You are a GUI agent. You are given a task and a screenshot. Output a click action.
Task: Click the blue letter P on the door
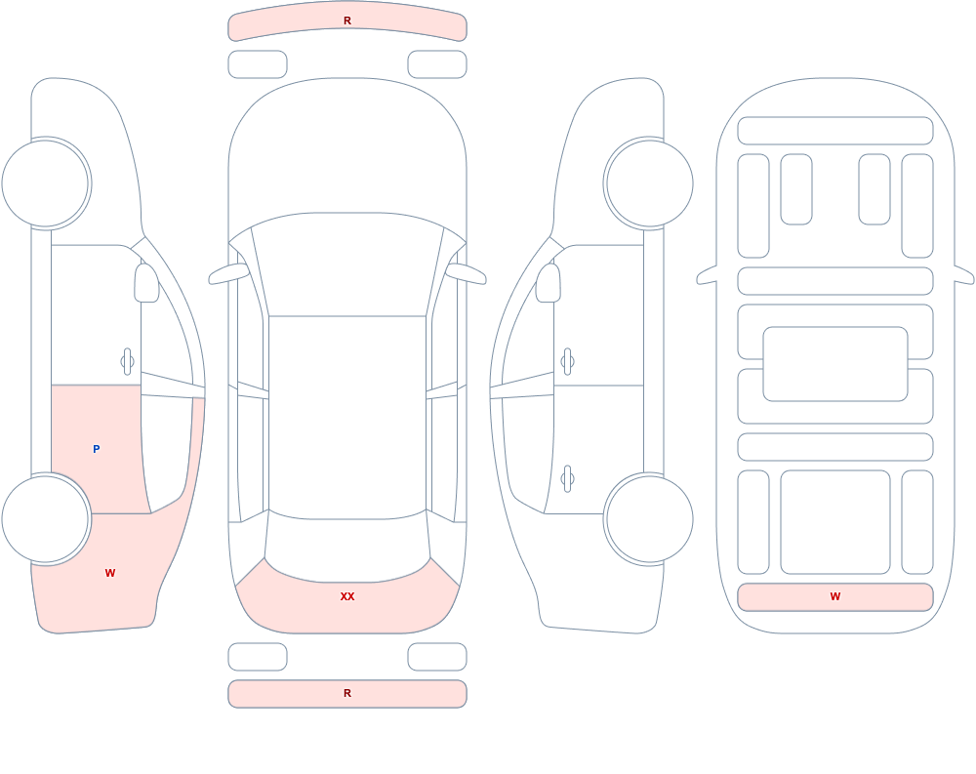pos(96,449)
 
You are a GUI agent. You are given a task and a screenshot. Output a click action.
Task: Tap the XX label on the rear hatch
pos(347,596)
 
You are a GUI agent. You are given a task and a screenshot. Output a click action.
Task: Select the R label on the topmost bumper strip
pos(347,20)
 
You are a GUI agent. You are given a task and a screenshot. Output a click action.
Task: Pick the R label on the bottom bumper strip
pos(347,693)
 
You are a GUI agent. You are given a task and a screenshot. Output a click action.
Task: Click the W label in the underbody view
pos(835,596)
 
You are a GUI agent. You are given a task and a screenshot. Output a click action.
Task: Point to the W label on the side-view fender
pos(110,573)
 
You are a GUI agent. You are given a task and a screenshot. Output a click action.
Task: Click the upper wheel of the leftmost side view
pos(46,183)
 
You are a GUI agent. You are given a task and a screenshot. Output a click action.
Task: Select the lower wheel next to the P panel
pos(46,518)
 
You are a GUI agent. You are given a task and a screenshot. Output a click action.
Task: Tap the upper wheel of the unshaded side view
pos(649,183)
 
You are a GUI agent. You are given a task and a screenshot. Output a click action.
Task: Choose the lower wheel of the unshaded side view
pos(649,518)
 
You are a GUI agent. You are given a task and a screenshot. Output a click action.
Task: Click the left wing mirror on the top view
pos(227,274)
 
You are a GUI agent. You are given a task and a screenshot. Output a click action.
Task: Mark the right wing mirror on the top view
pos(467,274)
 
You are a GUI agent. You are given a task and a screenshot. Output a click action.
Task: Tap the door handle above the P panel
pos(127,361)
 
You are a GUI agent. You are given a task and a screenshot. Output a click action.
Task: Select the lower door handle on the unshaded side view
pos(567,479)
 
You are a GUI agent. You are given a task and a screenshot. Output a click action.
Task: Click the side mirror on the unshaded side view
pos(548,283)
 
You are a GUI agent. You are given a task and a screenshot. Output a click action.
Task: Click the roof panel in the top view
pos(347,417)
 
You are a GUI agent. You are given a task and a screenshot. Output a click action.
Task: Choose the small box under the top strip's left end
pos(258,64)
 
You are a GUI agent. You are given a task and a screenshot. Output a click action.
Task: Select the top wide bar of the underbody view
pos(835,131)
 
